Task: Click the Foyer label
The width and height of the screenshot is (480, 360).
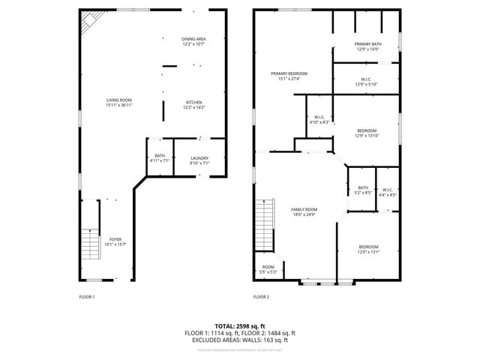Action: point(115,241)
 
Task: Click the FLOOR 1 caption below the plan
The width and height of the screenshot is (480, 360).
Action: point(87,297)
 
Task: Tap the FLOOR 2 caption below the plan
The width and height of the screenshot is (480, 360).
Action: point(260,297)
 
